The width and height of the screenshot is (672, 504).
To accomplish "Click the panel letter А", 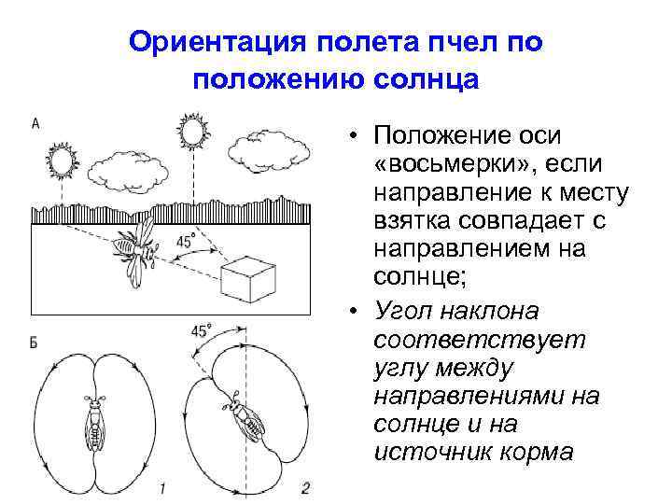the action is [35, 122].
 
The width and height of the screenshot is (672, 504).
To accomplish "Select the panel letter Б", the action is [35, 343].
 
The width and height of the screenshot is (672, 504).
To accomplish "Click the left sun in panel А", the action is [63, 162].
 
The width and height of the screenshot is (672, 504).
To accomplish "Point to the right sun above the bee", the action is [194, 131].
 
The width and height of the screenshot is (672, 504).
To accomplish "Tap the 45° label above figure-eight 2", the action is [201, 330].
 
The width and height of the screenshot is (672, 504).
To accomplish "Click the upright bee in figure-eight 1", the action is [94, 424].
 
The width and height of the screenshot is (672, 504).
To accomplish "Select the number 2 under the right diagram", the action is [305, 488].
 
